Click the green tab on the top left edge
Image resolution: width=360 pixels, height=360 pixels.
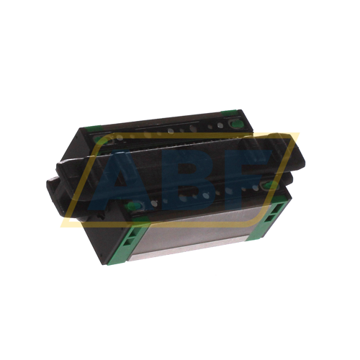pos(92,128)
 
